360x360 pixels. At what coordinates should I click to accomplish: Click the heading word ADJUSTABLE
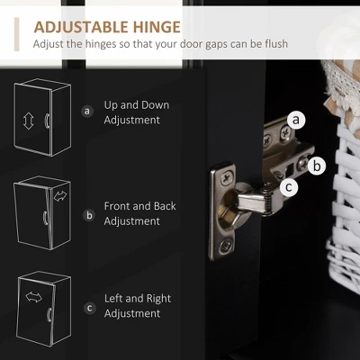click(x=81, y=27)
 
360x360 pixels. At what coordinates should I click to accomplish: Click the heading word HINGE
click(x=157, y=27)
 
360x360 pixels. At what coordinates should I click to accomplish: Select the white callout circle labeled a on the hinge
click(x=296, y=120)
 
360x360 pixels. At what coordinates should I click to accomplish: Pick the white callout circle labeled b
click(x=317, y=166)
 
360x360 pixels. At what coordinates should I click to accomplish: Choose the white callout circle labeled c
click(x=289, y=187)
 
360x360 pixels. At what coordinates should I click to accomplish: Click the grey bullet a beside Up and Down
click(x=87, y=112)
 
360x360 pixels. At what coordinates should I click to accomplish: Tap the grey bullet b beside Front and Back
click(x=89, y=215)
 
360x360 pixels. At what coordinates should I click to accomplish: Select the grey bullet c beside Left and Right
click(x=90, y=308)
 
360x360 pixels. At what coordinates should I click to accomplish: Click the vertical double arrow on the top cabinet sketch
click(x=29, y=121)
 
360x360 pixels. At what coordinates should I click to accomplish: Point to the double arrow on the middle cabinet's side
click(x=60, y=196)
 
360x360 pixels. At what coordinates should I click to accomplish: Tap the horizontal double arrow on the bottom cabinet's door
click(x=34, y=297)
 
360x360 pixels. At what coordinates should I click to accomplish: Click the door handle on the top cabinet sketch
click(x=47, y=121)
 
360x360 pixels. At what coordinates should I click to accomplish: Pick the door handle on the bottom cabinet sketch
click(x=49, y=315)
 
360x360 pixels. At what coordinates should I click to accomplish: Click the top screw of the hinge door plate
click(x=228, y=179)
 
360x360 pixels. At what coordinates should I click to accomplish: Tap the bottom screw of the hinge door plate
click(x=226, y=246)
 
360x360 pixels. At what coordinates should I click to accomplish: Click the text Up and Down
click(x=137, y=105)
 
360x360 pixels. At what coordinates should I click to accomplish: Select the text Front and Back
click(x=139, y=206)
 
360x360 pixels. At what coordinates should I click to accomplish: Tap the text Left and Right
click(x=138, y=299)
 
